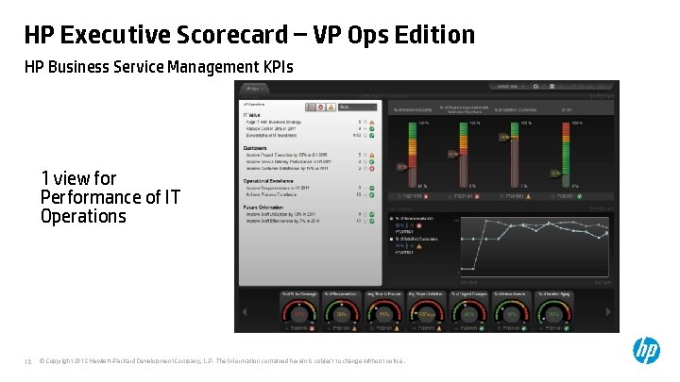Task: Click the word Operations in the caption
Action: click(83, 216)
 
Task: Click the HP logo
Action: click(646, 351)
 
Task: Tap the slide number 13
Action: click(28, 361)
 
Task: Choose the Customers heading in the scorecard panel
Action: click(256, 147)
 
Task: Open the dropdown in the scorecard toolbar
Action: click(360, 107)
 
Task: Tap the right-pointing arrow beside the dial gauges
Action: click(609, 311)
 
